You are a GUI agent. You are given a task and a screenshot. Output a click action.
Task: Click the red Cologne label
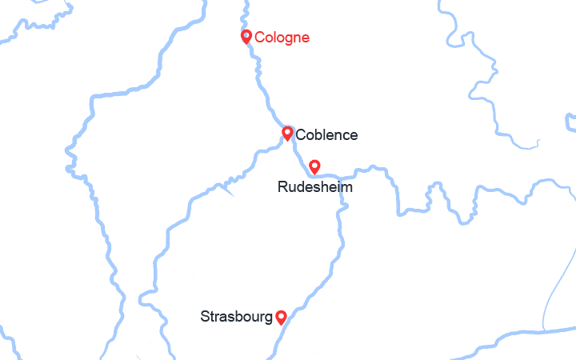click(282, 38)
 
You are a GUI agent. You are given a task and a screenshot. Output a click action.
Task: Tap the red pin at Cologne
click(247, 36)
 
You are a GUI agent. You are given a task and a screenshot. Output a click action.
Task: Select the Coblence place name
click(326, 135)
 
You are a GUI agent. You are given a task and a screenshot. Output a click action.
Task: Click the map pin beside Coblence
click(287, 133)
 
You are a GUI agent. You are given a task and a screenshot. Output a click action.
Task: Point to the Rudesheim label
click(314, 187)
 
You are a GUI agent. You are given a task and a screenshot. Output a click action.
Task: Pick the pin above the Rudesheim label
click(314, 166)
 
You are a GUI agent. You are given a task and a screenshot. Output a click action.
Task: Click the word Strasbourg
click(236, 317)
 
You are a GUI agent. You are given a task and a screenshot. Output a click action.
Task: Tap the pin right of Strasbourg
click(281, 317)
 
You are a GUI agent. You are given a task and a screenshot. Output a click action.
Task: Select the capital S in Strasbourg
click(205, 317)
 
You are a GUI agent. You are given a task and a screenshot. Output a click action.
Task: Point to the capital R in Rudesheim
click(282, 187)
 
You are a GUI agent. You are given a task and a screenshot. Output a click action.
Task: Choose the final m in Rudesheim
click(346, 187)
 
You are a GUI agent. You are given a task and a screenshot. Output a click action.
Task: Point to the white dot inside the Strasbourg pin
click(281, 315)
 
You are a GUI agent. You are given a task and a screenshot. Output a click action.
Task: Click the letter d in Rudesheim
click(301, 187)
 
